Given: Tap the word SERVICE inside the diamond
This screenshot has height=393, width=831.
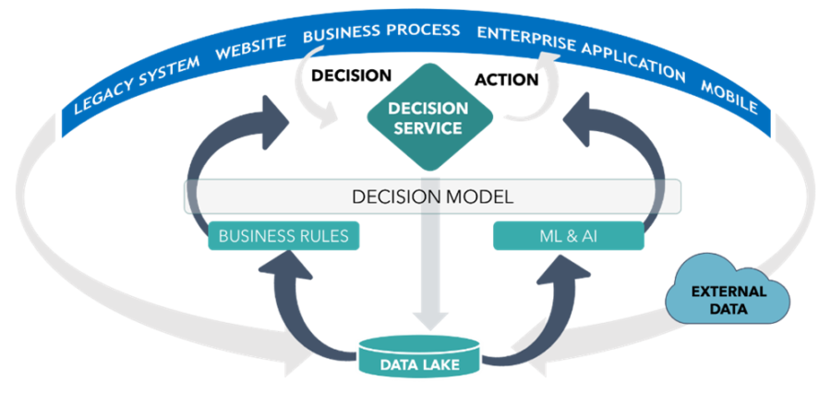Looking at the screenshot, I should (428, 128).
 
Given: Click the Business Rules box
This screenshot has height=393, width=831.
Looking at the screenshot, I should (283, 236).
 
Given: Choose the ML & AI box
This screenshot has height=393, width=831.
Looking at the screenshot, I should (568, 236).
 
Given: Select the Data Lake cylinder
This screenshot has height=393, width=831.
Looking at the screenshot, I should (419, 356).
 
